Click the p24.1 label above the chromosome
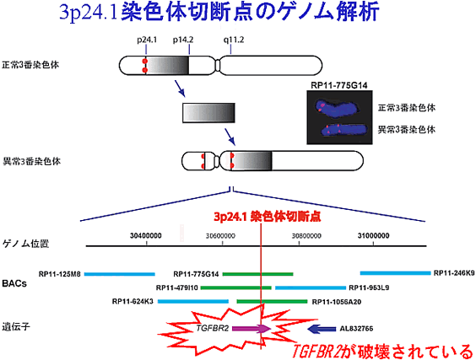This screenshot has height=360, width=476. (147, 40)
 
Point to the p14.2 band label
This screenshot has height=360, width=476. (183, 40)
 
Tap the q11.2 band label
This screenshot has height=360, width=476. (234, 40)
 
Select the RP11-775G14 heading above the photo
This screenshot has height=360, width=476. (338, 85)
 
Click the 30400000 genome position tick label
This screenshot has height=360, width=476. (146, 236)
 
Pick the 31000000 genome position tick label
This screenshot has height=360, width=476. (373, 236)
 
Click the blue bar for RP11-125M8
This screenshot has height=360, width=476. (120, 274)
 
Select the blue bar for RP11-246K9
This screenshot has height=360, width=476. (395, 273)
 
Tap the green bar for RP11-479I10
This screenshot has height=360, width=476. (235, 287)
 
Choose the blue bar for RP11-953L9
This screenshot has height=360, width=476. (311, 287)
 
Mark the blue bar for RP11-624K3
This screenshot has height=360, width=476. (193, 302)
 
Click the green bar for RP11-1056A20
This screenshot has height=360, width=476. (272, 302)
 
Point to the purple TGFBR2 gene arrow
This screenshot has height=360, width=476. (252, 329)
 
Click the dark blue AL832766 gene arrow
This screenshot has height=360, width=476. (322, 329)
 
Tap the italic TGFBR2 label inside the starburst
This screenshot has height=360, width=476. (212, 328)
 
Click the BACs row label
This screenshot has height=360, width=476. (14, 283)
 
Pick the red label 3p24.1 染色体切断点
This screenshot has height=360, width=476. (268, 217)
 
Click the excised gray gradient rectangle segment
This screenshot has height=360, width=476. (208, 113)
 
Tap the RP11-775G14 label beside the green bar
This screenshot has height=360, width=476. (196, 274)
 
